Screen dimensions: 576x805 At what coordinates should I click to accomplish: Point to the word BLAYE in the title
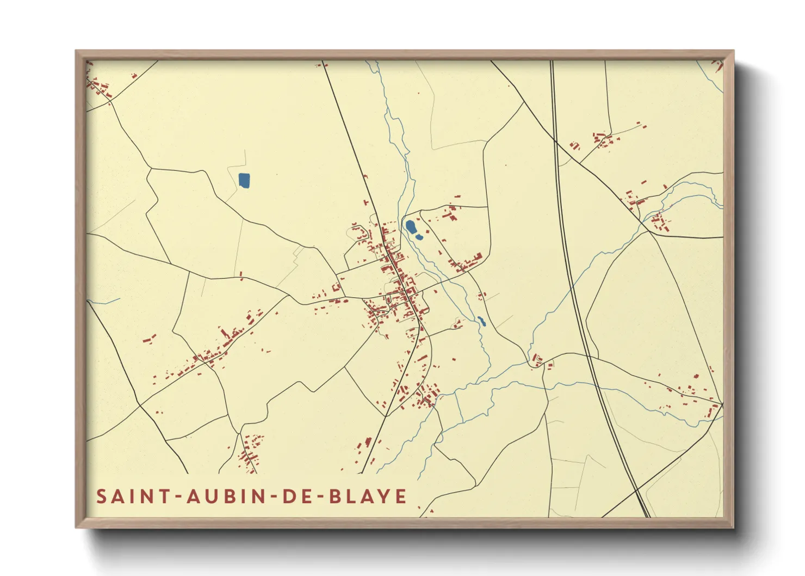368,497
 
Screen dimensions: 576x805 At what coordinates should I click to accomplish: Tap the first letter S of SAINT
101,497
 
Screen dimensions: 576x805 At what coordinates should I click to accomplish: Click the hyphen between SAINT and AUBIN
177,498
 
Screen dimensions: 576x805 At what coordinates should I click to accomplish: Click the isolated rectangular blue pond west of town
244,180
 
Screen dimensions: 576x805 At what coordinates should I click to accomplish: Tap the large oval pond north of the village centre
411,226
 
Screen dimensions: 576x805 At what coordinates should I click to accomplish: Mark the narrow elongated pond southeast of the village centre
481,321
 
